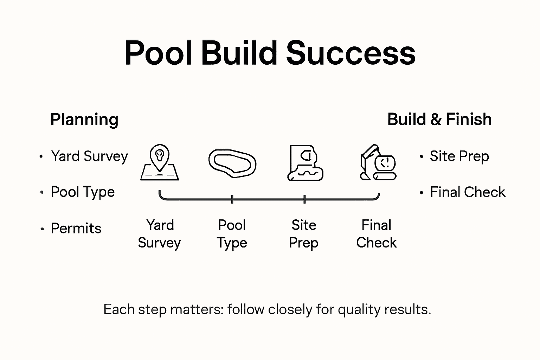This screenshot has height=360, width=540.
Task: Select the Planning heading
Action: [84, 120]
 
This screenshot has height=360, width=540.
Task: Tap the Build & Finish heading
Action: [439, 120]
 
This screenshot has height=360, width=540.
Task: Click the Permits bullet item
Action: [76, 229]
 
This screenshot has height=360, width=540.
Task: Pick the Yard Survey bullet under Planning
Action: [89, 156]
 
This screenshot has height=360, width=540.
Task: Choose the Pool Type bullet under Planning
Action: [83, 192]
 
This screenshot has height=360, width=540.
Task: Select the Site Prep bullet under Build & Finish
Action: [459, 156]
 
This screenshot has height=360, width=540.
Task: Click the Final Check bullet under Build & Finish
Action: [468, 192]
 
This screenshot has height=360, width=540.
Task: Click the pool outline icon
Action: [232, 163]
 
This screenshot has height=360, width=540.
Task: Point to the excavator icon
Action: [378, 162]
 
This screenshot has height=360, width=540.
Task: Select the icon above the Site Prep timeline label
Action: [305, 163]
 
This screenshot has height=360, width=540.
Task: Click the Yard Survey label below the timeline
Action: [160, 234]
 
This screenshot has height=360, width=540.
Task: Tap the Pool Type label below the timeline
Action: [232, 234]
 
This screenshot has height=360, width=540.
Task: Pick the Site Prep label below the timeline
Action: [304, 234]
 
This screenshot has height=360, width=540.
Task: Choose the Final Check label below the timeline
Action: [376, 234]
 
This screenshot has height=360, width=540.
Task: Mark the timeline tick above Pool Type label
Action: [232, 199]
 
